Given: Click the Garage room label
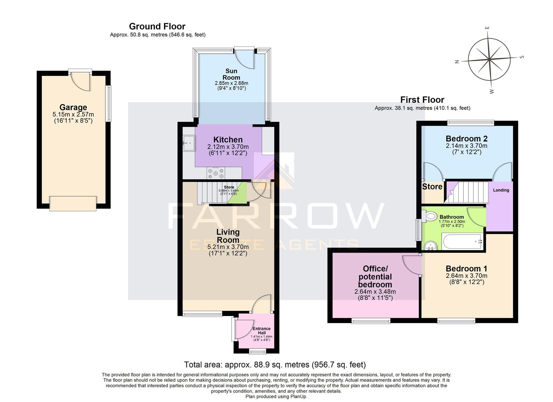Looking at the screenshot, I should click(x=73, y=108).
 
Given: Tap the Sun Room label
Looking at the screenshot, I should click(x=231, y=74).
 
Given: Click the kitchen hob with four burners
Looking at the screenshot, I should click(x=216, y=173).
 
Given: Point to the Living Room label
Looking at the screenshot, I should click(x=228, y=236).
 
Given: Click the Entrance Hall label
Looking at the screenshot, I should click(x=261, y=331).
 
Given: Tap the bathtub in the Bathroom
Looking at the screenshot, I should click(x=463, y=242).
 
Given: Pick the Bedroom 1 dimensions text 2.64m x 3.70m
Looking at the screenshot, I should click(x=466, y=276).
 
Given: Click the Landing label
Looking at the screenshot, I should click(x=501, y=190).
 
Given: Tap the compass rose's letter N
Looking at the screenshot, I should click(x=457, y=62).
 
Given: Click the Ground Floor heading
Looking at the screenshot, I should click(x=157, y=26).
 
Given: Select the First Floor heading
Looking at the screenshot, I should click(x=422, y=100).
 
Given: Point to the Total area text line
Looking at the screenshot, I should click(x=275, y=364).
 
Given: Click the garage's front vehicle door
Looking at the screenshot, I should click(x=73, y=204).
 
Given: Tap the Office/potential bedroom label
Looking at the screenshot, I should click(x=375, y=277).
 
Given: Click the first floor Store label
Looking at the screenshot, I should click(x=432, y=186).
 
